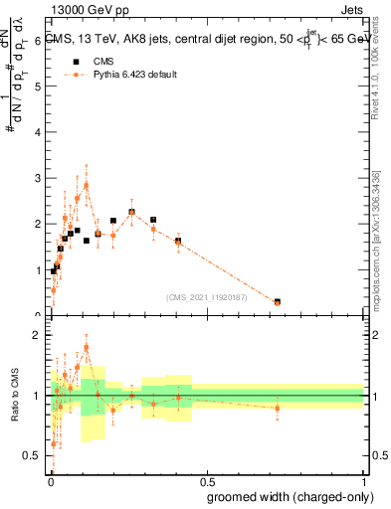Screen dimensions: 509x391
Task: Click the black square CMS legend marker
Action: [76, 62]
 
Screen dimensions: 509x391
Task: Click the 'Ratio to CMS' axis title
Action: [14, 396]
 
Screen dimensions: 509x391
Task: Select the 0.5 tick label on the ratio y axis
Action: [38, 455]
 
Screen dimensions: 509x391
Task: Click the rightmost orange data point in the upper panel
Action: [277, 302]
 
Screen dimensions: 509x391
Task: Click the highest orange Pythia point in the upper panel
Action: [87, 185]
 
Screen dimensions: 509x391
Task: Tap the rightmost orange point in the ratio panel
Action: [277, 408]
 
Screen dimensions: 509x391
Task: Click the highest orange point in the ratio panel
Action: [87, 348]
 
